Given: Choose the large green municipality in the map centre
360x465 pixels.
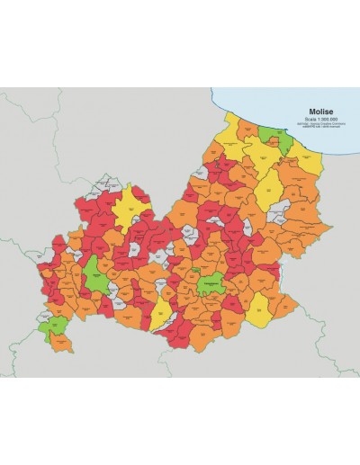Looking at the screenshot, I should (212, 282).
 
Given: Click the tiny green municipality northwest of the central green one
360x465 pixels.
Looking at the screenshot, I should (194, 269).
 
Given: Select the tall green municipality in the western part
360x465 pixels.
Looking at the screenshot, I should (94, 273).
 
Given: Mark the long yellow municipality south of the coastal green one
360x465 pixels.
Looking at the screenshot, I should (268, 189).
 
